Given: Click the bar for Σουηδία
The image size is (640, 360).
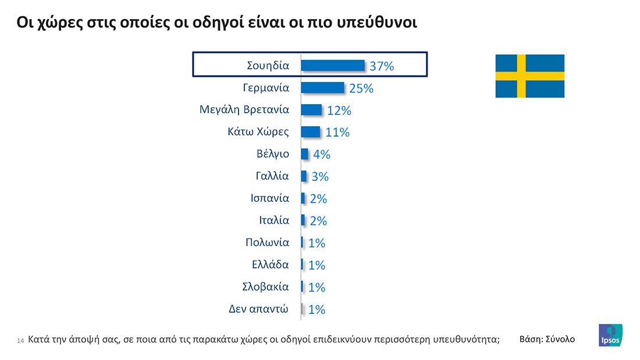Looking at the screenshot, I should click(x=332, y=65).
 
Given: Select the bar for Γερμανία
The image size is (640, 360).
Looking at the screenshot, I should click(x=322, y=87).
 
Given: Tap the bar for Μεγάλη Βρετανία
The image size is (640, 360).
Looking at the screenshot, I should click(x=311, y=109).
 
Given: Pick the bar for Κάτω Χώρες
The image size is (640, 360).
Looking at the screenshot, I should click(x=310, y=131).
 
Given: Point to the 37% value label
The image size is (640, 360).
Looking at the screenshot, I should click(x=382, y=66).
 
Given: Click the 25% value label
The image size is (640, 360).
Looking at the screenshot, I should click(x=361, y=88).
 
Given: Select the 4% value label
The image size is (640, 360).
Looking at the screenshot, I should click(x=322, y=155).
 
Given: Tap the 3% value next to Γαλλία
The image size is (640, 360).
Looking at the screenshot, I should click(x=320, y=177).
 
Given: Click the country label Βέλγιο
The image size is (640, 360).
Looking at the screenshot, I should click(x=272, y=154).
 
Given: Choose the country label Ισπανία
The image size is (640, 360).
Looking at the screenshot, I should click(x=269, y=198).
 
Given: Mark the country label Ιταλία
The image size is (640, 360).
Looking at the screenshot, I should click(x=274, y=220).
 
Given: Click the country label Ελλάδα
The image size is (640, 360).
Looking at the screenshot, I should click(x=270, y=264).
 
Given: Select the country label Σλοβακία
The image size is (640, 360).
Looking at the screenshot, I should click(x=266, y=286).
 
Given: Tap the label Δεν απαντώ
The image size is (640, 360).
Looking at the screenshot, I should click(x=259, y=309).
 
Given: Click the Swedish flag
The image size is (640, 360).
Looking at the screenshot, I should click(x=529, y=76).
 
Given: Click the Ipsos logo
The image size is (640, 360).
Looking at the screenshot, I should click(x=610, y=336).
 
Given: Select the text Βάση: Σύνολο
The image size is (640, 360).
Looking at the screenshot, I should click(x=546, y=338).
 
